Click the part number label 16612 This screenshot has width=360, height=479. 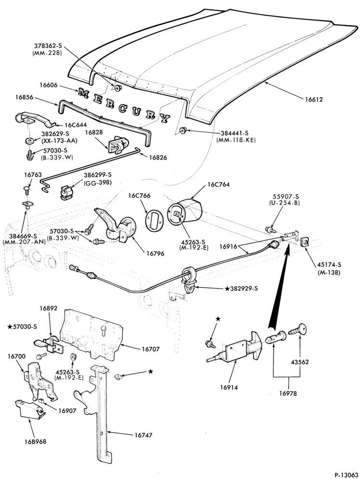(313, 99)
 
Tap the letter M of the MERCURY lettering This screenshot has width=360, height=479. (84, 92)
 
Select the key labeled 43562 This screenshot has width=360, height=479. (298, 329)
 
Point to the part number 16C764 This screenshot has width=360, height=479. (219, 185)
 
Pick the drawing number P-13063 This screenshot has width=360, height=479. (346, 475)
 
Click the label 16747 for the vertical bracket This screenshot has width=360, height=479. (143, 435)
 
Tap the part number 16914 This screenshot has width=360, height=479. (229, 387)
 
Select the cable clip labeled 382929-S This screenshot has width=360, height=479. (190, 280)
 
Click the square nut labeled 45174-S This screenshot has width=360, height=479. (305, 242)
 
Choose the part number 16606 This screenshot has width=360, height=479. (48, 85)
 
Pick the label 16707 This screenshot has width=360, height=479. (150, 349)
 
